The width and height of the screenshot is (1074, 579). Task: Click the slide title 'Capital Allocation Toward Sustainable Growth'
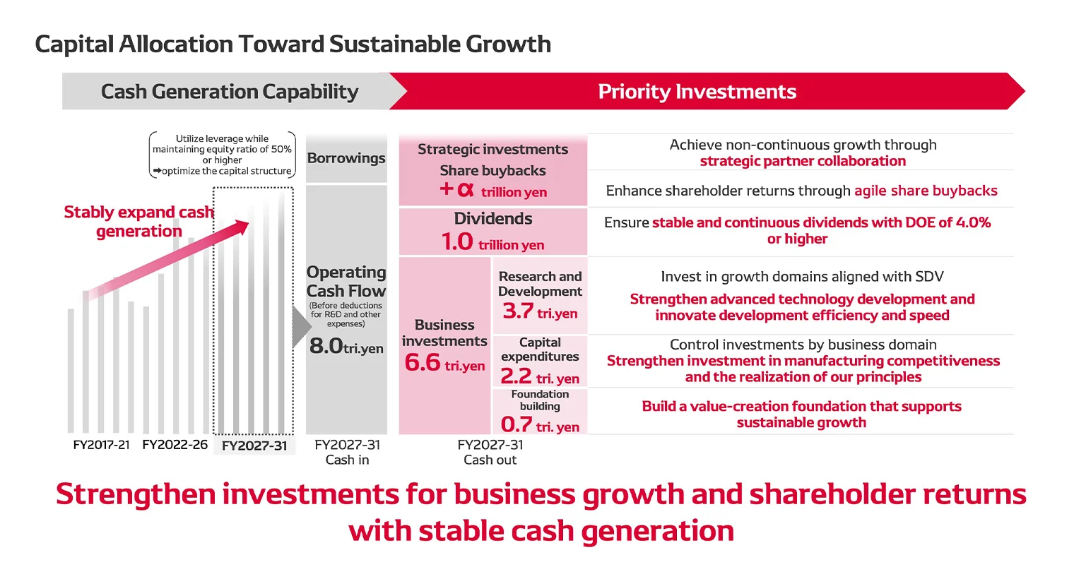[293, 44]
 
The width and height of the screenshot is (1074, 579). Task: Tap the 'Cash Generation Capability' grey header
[230, 92]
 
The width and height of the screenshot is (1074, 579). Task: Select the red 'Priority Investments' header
[697, 92]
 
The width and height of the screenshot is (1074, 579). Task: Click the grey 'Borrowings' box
[346, 158]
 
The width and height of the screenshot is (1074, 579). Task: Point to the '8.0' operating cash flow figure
[326, 346]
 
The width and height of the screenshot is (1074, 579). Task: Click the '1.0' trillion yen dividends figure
[457, 242]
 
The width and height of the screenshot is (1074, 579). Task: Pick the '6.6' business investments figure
[423, 363]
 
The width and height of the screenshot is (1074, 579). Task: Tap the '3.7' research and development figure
[517, 311]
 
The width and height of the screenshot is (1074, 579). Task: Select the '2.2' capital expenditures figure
[516, 376]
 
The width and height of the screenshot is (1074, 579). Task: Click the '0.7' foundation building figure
[516, 424]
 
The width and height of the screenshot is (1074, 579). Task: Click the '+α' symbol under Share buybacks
[456, 189]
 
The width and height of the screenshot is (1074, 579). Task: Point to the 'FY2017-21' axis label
[101, 445]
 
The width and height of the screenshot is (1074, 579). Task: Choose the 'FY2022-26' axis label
[175, 445]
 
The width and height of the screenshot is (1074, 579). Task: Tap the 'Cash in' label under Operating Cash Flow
[347, 460]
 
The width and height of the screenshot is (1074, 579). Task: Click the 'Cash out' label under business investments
[490, 460]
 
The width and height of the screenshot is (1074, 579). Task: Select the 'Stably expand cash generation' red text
[138, 222]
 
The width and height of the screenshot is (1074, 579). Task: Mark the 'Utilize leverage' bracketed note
[222, 155]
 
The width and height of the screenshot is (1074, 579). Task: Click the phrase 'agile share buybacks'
[926, 191]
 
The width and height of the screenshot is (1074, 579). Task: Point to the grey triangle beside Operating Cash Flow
[301, 327]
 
